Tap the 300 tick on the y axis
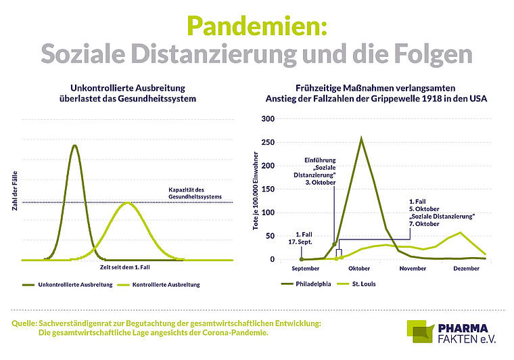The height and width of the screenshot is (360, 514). pyautogui.click(x=268, y=119)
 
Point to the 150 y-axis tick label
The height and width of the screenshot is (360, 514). pyautogui.click(x=268, y=189)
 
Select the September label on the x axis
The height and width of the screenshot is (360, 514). pyautogui.click(x=306, y=269)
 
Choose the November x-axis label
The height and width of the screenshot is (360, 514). pyautogui.click(x=413, y=269)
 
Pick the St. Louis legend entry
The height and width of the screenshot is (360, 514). pyautogui.click(x=363, y=284)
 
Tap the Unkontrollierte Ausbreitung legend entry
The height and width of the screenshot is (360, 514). pyautogui.click(x=71, y=284)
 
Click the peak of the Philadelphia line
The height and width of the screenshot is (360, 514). pyautogui.click(x=361, y=139)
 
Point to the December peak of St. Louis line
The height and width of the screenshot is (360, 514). pyautogui.click(x=461, y=233)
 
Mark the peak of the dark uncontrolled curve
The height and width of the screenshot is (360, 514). pyautogui.click(x=74, y=145)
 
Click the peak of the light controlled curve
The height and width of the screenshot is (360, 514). pyautogui.click(x=126, y=202)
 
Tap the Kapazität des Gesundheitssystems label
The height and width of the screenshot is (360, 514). pyautogui.click(x=196, y=193)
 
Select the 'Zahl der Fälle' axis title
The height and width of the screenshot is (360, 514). pyautogui.click(x=14, y=192)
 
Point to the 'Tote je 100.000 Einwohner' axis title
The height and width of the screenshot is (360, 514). pyautogui.click(x=256, y=192)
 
